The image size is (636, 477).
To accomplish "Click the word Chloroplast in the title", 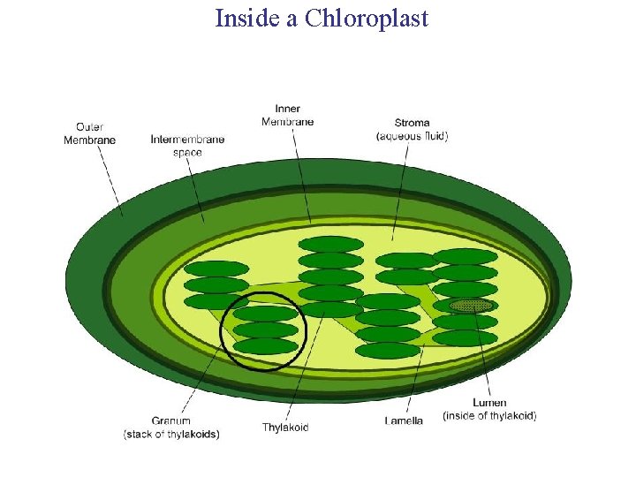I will [x=367, y=18].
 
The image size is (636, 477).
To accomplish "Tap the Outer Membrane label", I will [x=89, y=133].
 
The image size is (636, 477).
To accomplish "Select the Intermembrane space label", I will [x=187, y=146].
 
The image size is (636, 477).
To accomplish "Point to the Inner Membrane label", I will [x=288, y=115].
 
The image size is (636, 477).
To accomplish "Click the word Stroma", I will [x=413, y=123].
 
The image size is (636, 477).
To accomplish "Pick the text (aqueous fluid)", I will [x=413, y=136].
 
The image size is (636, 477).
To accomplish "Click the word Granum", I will [x=170, y=421].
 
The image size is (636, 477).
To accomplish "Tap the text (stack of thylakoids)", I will [x=171, y=434].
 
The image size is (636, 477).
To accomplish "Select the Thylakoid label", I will [x=285, y=428].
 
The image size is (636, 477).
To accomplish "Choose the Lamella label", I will [x=404, y=420].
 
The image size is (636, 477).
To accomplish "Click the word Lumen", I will [x=489, y=403].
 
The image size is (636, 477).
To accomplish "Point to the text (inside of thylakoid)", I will [x=489, y=415].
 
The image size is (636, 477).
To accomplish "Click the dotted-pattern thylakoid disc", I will [x=471, y=306].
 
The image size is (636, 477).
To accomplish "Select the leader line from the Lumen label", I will [x=481, y=353].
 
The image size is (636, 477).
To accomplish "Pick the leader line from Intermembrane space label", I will [x=195, y=190].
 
